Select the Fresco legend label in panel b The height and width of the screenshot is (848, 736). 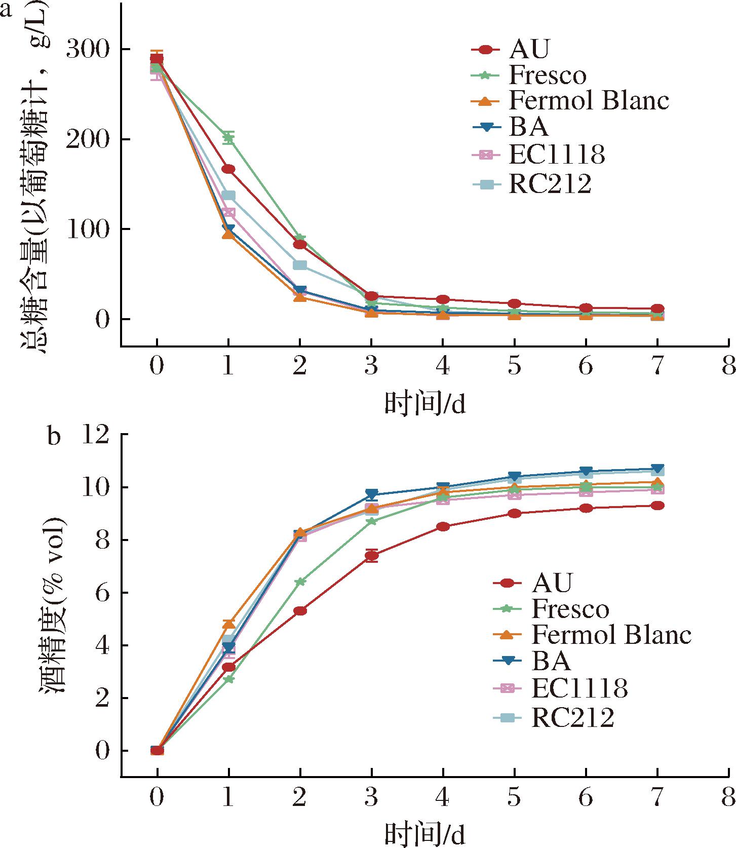click(x=570, y=609)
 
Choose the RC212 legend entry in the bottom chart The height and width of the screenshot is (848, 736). click(x=572, y=718)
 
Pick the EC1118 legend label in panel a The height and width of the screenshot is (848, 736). click(x=557, y=155)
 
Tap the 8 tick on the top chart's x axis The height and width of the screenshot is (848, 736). click(x=728, y=365)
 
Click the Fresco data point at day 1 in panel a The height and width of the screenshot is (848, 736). click(x=228, y=137)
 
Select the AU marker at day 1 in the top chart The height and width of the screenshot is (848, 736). click(x=228, y=169)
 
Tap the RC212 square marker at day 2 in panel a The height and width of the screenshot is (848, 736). click(x=300, y=265)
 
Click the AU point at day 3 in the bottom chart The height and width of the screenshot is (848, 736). click(x=371, y=556)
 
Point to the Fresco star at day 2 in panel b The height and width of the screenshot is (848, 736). click(x=300, y=582)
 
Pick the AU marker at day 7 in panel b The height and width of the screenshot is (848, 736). click(x=657, y=506)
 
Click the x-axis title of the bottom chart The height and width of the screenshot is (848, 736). click(x=424, y=834)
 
